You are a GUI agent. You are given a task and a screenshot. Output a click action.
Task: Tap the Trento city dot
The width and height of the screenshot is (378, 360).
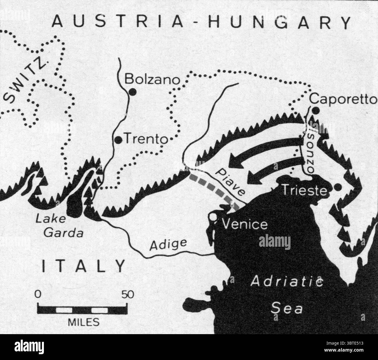pos(119,140)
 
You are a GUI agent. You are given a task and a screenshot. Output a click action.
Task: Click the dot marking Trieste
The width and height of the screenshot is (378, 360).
pos(338,187)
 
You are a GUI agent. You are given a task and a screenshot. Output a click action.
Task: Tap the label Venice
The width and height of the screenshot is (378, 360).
pos(244,225)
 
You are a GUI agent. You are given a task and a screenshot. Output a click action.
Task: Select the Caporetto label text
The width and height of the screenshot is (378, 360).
pos(343,99)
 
